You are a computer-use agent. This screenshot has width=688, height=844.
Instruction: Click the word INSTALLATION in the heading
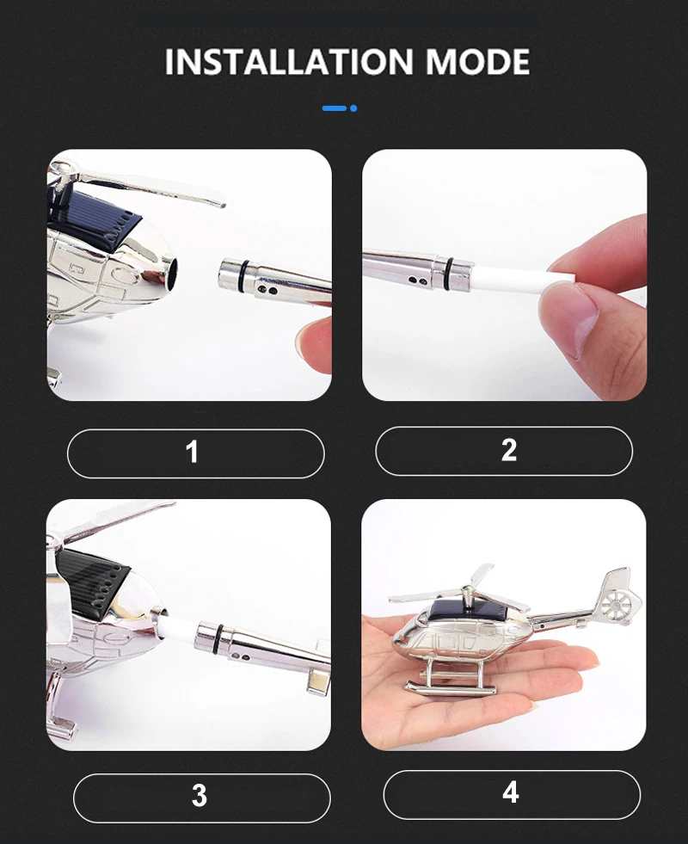point(288,62)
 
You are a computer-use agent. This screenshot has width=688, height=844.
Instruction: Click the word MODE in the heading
point(477,62)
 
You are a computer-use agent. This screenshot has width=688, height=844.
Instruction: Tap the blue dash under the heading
point(334,108)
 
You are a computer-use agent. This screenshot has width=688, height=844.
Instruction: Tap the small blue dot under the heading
point(353,108)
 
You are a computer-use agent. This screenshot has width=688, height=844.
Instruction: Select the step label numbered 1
point(196,453)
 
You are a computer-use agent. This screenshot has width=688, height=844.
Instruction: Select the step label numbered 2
point(504,451)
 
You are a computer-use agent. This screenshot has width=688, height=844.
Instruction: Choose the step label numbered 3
point(202,798)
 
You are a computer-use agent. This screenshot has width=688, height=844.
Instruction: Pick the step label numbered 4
point(512,794)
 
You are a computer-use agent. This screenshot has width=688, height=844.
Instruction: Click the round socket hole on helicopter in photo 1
point(170,272)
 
